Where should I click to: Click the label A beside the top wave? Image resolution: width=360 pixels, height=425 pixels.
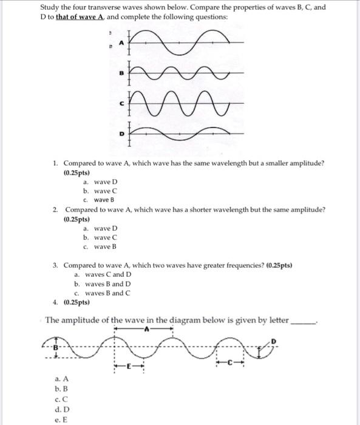pyautogui.click(x=120, y=42)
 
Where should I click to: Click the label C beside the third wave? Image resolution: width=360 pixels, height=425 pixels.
pyautogui.click(x=121, y=104)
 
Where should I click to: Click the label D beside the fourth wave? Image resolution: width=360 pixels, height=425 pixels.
pyautogui.click(x=121, y=132)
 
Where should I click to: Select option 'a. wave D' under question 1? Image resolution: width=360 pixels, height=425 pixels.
pyautogui.click(x=96, y=182)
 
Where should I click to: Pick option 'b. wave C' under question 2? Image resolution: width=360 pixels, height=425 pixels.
pyautogui.click(x=96, y=237)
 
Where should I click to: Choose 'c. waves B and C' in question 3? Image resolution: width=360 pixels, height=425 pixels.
pyautogui.click(x=102, y=293)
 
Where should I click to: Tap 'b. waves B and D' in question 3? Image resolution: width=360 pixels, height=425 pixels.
pyautogui.click(x=102, y=284)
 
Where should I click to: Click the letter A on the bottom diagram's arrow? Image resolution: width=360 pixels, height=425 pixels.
pyautogui.click(x=146, y=330)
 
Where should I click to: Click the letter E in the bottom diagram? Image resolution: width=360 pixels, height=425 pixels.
pyautogui.click(x=129, y=367)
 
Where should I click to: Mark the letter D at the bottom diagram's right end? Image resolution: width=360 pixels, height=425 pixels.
pyautogui.click(x=274, y=343)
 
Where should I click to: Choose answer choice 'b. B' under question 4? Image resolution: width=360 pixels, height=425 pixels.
pyautogui.click(x=60, y=388)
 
